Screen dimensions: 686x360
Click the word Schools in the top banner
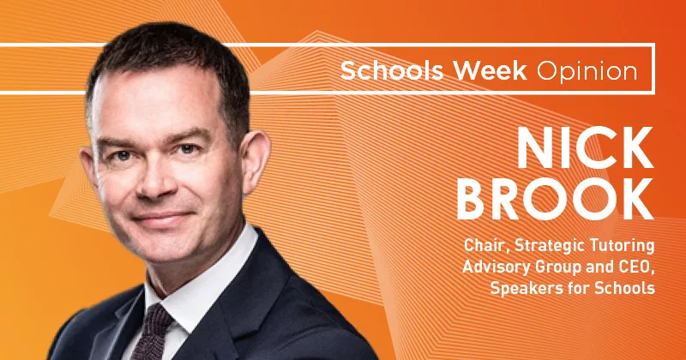pos(393,70)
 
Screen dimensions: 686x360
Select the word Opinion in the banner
pos(587,72)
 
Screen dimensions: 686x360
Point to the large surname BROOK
pos(555,198)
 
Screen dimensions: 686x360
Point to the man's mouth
pos(163,217)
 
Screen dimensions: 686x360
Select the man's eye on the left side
pos(122,155)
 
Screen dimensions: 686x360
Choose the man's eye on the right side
pos(189,149)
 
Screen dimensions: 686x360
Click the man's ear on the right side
pos(255,159)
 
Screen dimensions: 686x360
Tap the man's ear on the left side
pos(87,167)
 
